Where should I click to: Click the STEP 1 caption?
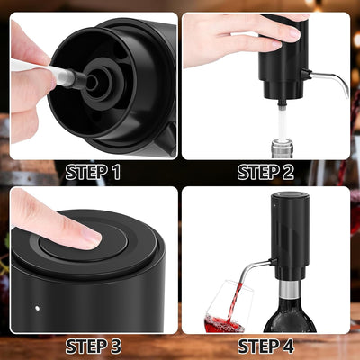tap(93, 172)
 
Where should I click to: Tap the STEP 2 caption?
tap(265, 172)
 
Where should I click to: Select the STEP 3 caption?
tap(94, 346)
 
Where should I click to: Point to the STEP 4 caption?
tap(265, 346)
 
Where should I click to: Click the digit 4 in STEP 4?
tap(288, 346)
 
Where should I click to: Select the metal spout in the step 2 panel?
tap(327, 78)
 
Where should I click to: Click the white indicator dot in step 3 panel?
tap(37, 308)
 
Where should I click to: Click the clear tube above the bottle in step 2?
tap(282, 124)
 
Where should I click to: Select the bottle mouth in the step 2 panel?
tap(281, 148)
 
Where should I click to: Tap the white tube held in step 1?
tap(45, 71)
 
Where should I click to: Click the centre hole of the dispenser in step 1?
tap(93, 82)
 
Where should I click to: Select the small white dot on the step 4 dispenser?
tap(274, 206)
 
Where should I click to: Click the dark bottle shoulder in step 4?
tap(290, 315)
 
